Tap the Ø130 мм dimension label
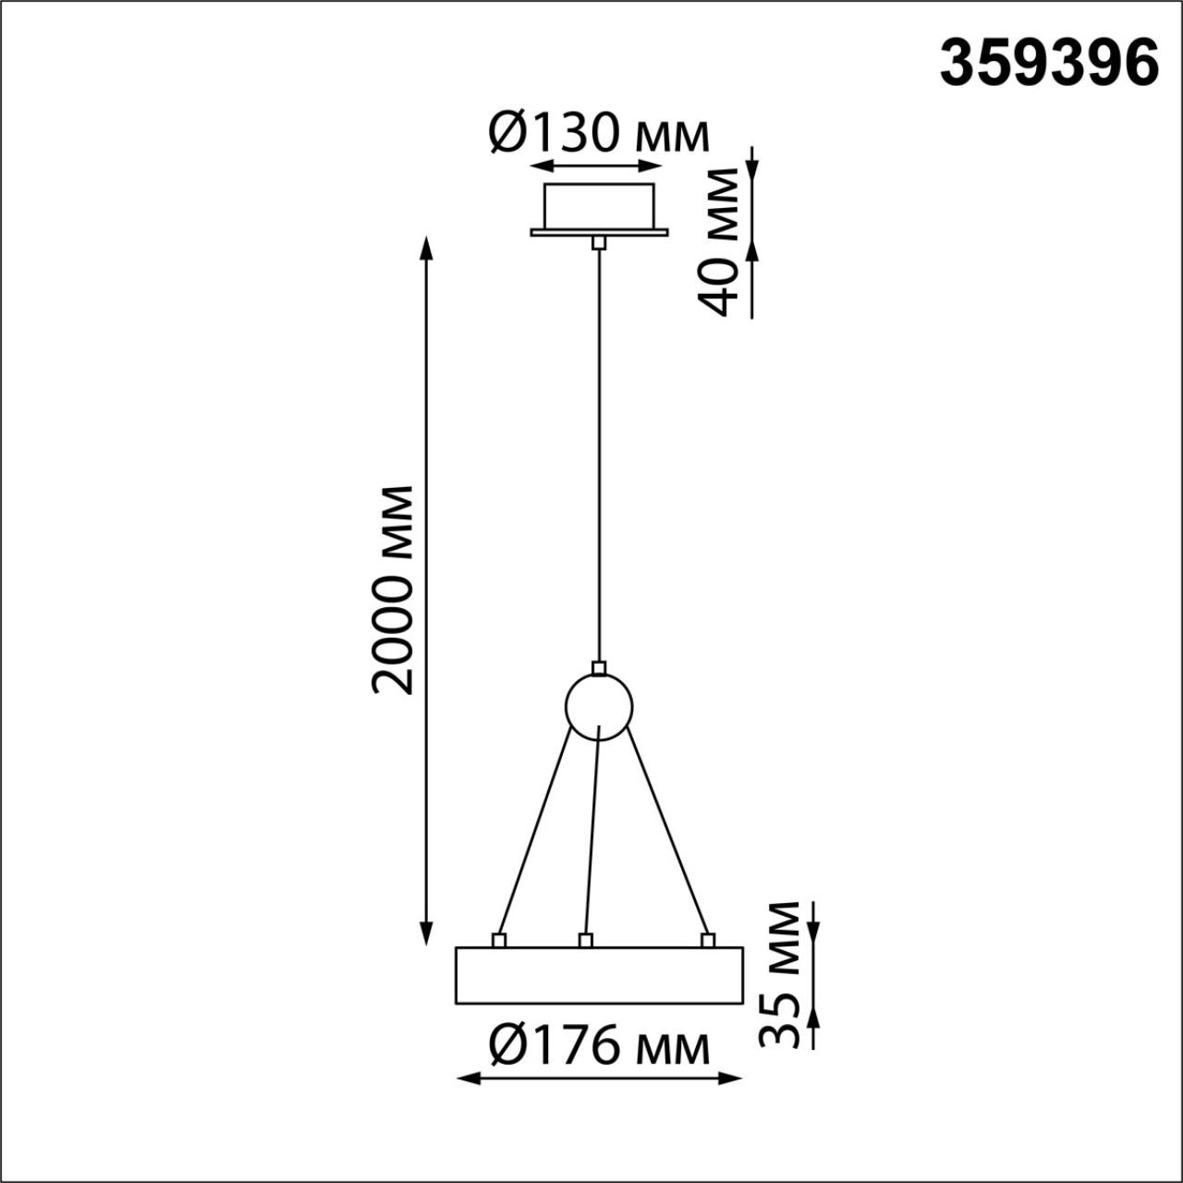(x=599, y=135)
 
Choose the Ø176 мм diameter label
(x=599, y=1047)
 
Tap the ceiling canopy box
(x=599, y=205)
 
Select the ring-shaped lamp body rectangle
(x=599, y=975)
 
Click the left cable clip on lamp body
(x=499, y=941)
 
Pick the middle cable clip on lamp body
(x=584, y=941)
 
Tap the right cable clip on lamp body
(x=708, y=941)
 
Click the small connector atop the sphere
(x=599, y=667)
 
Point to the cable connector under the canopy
(x=599, y=242)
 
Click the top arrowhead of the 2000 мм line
(x=426, y=248)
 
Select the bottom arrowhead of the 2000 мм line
(x=426, y=933)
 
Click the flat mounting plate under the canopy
(x=599, y=232)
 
